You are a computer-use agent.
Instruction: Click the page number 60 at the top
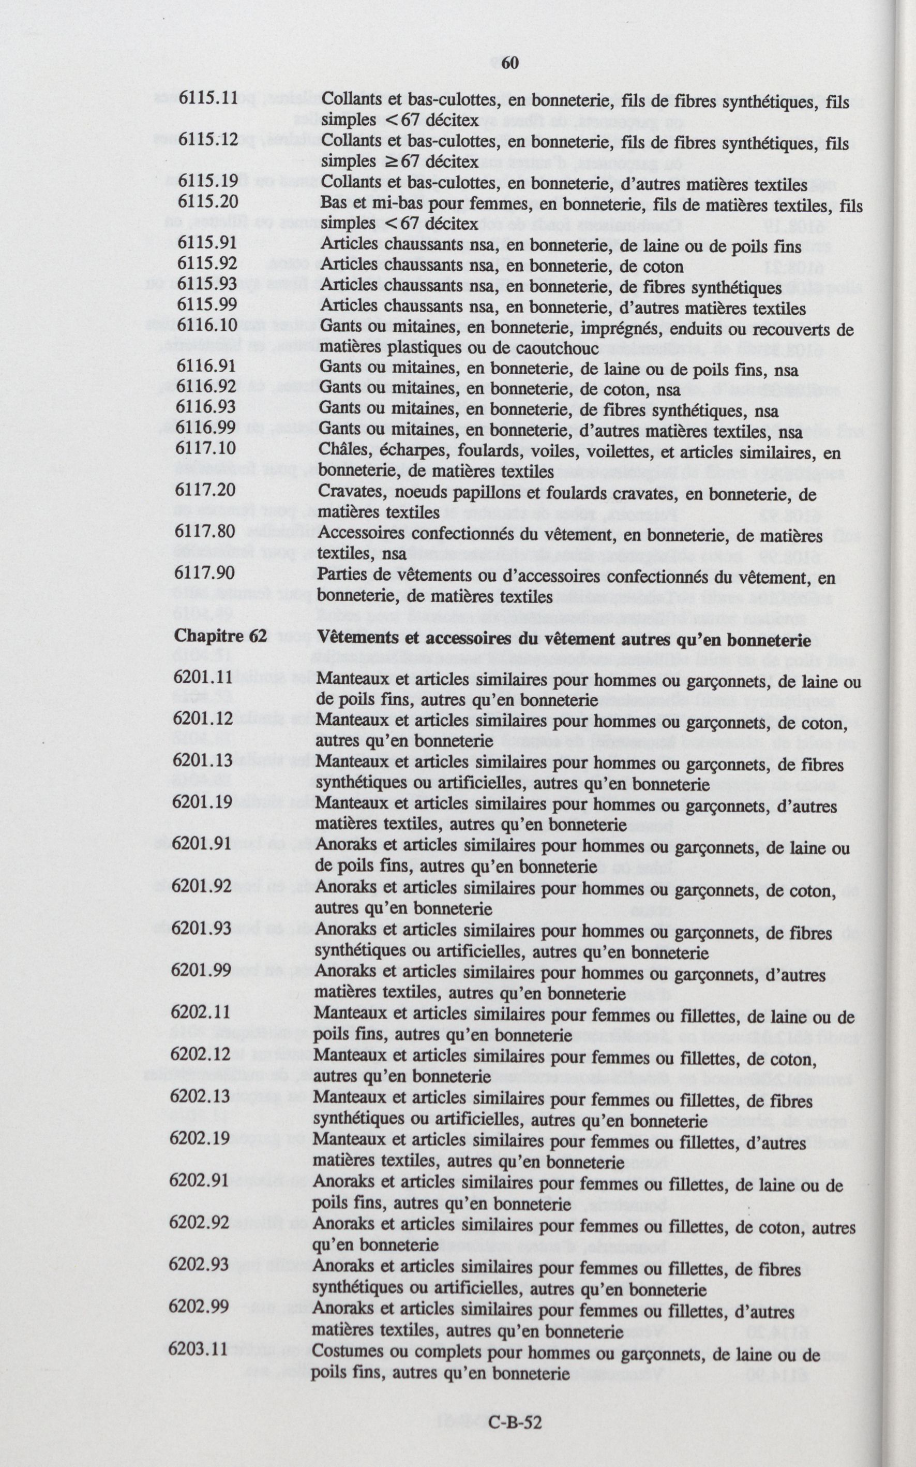(510, 63)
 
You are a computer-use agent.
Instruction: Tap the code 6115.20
(207, 202)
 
